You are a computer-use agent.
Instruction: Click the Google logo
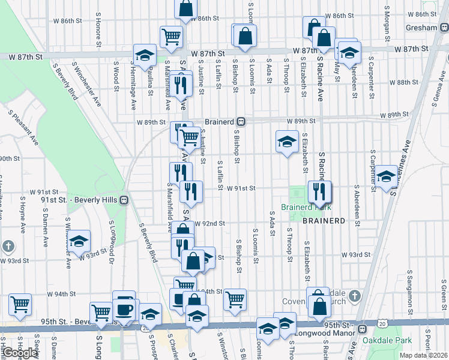20,352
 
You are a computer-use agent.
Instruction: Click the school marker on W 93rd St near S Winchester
79,241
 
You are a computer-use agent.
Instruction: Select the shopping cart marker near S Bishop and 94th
235,298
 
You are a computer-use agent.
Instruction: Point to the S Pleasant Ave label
22,127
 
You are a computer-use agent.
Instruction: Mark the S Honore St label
98,28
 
